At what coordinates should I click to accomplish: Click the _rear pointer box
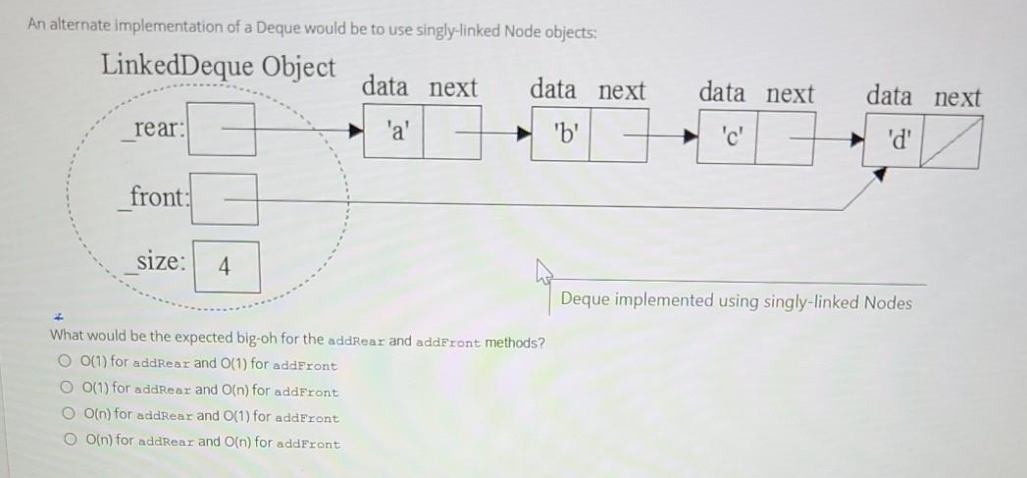pyautogui.click(x=222, y=131)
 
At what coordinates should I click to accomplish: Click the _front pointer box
pyautogui.click(x=225, y=198)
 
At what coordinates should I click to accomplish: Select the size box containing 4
pyautogui.click(x=227, y=266)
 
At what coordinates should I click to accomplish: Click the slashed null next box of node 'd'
pyautogui.click(x=950, y=139)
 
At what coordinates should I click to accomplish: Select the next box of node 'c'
pyautogui.click(x=789, y=135)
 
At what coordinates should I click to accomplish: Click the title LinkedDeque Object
pyautogui.click(x=218, y=67)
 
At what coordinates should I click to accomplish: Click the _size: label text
pyautogui.click(x=157, y=262)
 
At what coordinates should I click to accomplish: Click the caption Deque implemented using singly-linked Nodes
pyautogui.click(x=736, y=302)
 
